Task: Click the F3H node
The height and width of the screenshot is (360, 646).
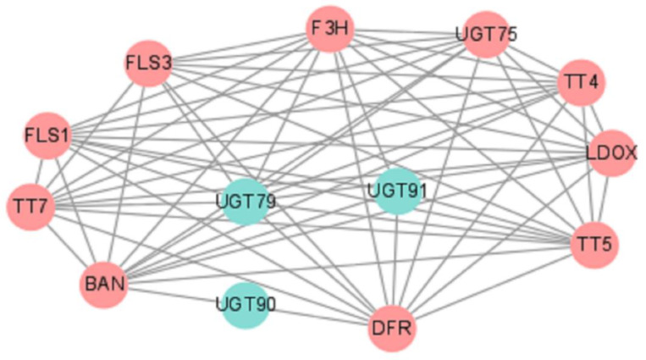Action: point(330,30)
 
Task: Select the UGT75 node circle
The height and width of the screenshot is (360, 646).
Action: point(486,35)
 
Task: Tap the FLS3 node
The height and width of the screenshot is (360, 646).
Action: point(149,64)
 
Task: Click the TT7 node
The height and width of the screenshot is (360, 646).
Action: point(30,205)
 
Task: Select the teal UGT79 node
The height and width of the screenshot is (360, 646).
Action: point(246,202)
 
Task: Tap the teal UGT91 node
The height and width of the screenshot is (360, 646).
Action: point(397,191)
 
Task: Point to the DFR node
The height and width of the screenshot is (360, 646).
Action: point(393,327)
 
